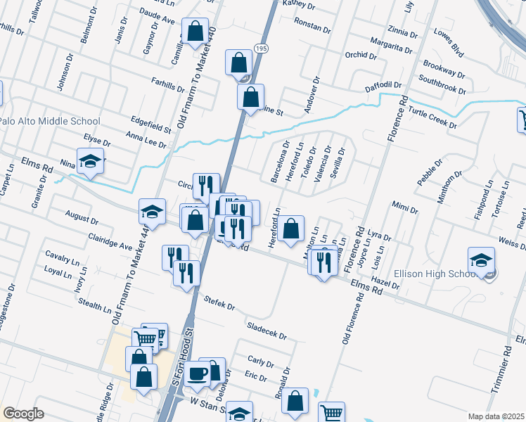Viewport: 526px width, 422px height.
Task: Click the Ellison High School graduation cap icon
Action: [482, 260]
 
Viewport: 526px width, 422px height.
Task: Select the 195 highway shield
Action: [261, 48]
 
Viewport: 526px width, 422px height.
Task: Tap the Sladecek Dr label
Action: [267, 331]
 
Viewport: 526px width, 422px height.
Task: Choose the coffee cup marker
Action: [198, 372]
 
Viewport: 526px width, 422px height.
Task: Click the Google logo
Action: [23, 414]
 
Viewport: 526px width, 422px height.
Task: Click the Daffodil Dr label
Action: [383, 86]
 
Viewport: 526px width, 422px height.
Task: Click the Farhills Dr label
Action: [167, 85]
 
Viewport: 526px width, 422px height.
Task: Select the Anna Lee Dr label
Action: [146, 140]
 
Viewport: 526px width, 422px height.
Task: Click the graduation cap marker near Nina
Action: [90, 162]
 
